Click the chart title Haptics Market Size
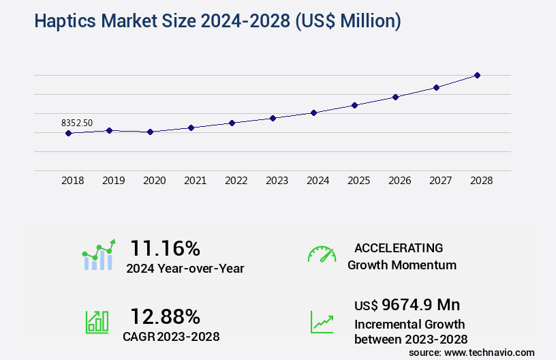217,21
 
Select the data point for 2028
477,75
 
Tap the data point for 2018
68,133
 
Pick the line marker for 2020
150,132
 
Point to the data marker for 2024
313,112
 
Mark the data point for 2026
395,97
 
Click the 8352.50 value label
77,123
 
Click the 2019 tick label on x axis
113,181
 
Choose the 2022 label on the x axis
236,181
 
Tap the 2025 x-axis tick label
358,181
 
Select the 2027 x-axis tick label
440,181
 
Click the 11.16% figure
165,247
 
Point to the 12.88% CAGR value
165,316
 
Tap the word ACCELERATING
399,247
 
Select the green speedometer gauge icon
322,254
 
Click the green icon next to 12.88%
97,322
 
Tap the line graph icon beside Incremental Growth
322,322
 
